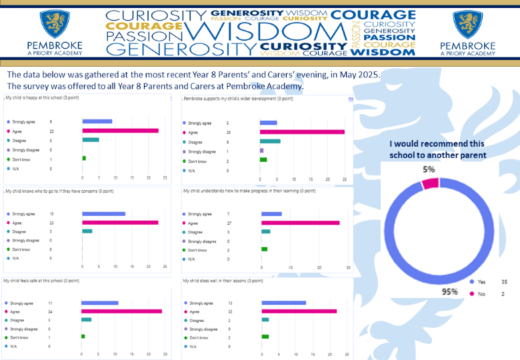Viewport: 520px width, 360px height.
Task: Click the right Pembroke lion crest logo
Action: [467, 25]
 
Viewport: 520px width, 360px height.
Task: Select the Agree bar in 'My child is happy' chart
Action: [120, 131]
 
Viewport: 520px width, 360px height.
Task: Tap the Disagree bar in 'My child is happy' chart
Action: [91, 140]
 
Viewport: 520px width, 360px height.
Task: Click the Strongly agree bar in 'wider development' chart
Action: [268, 123]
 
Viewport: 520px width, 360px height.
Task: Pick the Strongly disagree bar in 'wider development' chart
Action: [261, 151]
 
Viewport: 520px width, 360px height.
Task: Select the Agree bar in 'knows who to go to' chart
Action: [120, 223]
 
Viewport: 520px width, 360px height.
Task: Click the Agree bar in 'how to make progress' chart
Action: [300, 223]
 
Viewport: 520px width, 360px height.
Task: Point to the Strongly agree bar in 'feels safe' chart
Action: [99, 303]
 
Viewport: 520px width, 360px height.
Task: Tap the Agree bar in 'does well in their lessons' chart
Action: [299, 311]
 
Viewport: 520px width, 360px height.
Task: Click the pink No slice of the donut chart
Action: [430, 183]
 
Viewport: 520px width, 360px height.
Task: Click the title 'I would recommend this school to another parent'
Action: [437, 149]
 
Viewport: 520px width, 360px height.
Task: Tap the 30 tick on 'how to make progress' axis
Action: [348, 267]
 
